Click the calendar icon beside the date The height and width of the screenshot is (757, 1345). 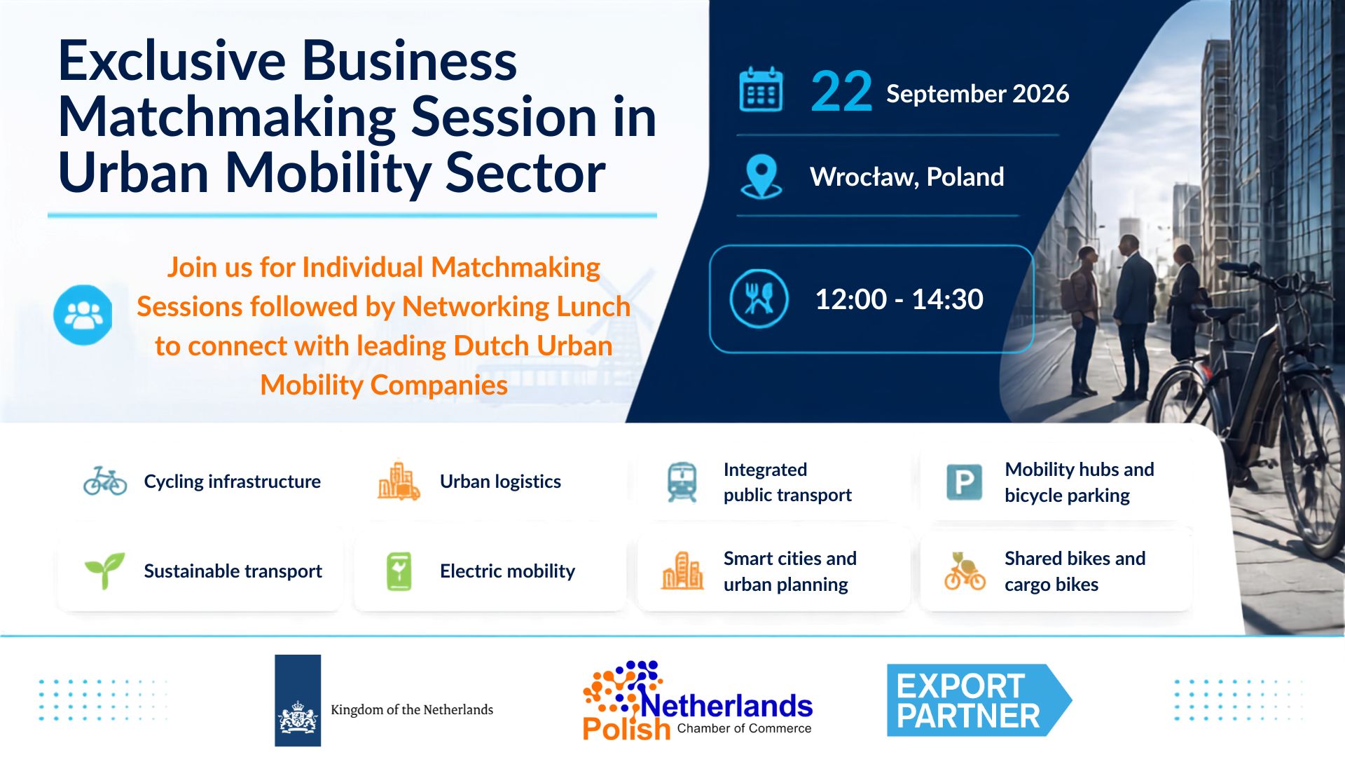tap(761, 89)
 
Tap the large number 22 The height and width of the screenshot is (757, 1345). tap(841, 92)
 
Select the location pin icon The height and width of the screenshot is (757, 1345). tap(761, 177)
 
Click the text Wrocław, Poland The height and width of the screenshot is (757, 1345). tap(906, 177)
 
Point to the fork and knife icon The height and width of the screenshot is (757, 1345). tap(759, 299)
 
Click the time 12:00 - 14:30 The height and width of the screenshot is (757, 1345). tap(899, 299)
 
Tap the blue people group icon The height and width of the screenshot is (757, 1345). tap(83, 315)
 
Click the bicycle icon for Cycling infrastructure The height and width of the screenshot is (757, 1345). tap(105, 481)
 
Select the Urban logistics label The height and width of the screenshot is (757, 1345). tap(500, 482)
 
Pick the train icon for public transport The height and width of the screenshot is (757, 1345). tap(682, 482)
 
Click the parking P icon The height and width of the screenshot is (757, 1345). tap(964, 482)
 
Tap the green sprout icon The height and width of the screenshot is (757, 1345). tap(104, 571)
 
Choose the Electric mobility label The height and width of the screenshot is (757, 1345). tap(507, 571)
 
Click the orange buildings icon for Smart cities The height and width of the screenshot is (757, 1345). tap(682, 571)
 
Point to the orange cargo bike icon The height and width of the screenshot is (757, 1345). tap(964, 571)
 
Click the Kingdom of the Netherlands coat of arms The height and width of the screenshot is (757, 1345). tap(298, 717)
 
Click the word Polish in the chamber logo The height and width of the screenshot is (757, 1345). tap(626, 729)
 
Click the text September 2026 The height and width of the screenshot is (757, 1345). tap(977, 94)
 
